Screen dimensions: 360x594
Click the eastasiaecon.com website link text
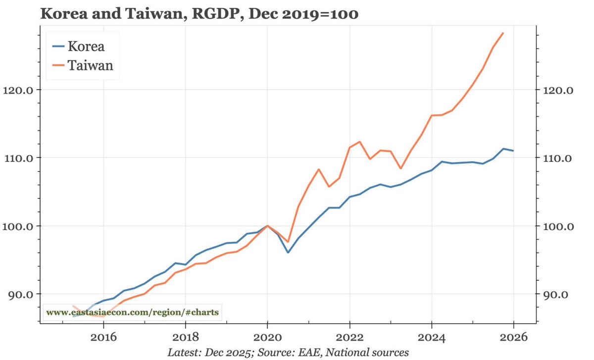(x=132, y=312)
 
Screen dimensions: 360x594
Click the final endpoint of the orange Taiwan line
(x=503, y=33)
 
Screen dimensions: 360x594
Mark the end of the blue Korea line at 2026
(x=513, y=151)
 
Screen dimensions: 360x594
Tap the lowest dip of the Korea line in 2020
(x=288, y=253)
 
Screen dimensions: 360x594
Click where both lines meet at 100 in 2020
(x=267, y=226)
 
